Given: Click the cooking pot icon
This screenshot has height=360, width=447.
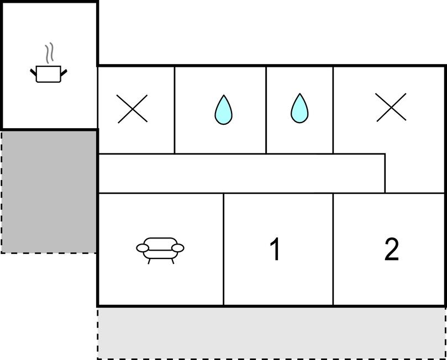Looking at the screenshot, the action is pos(49,74).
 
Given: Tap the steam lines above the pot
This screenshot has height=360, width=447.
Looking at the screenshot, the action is pos(49,53).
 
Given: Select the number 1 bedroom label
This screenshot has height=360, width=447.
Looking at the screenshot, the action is pos(275,249).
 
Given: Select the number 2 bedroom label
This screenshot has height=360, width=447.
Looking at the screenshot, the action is pos(391,249).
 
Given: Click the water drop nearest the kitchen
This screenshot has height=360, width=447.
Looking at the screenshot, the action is pos(223,110).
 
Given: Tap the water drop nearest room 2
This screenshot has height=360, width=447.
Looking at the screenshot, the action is pos(299,108).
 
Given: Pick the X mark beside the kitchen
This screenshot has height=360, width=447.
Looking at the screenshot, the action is pos(132,109).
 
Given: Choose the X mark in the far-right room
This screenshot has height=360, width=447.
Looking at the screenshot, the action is pos(391,107).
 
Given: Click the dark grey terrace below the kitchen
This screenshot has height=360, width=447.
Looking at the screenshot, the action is pos(49,192).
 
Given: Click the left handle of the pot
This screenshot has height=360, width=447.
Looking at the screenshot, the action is pos(33,72).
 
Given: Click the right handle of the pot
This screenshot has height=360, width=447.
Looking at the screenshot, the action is pos(64,73).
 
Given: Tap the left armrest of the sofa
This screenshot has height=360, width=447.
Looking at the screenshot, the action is pos(143,248).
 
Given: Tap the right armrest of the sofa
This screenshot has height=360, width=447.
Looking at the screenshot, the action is pos(178,248).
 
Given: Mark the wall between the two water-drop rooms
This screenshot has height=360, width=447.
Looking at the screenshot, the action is pos(266,110).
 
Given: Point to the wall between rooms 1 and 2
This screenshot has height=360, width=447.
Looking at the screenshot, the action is pos(333,249).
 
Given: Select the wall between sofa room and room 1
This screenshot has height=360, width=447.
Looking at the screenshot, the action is pos(223,249).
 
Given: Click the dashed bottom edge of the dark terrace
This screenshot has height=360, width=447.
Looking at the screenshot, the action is pos(49,253).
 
